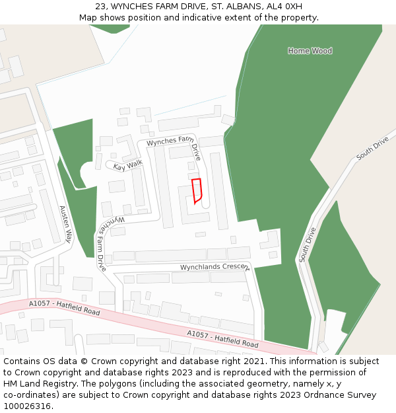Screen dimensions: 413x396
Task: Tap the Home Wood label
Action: [310, 51]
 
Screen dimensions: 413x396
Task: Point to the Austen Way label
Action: [65, 224]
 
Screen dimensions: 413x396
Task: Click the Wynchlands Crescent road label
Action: [214, 267]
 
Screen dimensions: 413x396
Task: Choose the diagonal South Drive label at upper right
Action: [372, 149]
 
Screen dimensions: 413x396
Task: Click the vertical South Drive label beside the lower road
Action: [308, 244]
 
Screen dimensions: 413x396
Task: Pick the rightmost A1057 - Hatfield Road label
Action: [222, 339]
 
